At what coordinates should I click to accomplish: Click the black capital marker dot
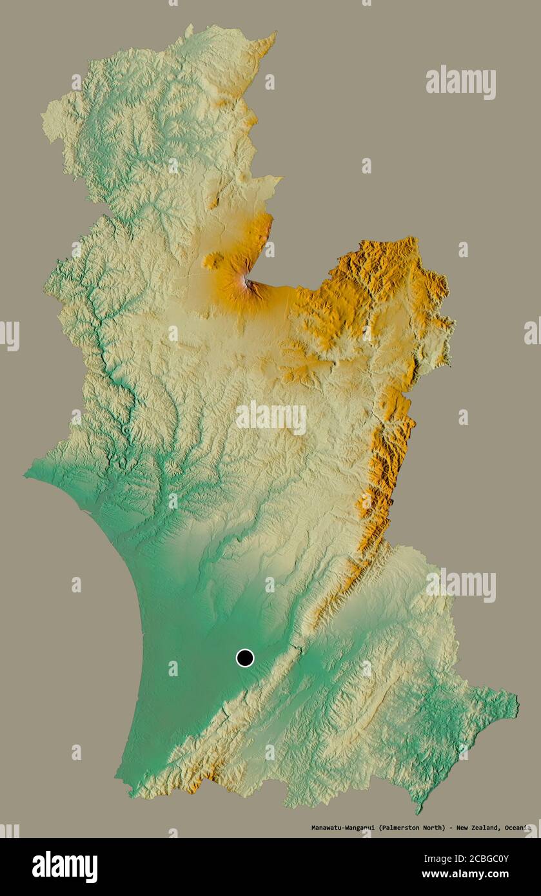[x=245, y=658]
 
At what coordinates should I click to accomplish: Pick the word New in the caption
[x=462, y=828]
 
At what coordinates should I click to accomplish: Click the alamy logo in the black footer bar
[x=64, y=867]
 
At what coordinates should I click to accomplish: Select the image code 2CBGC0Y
[x=487, y=859]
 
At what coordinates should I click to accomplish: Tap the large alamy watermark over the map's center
[x=271, y=417]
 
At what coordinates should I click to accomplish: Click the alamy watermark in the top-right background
[x=460, y=82]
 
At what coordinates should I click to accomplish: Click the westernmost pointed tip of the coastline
[x=26, y=475]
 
